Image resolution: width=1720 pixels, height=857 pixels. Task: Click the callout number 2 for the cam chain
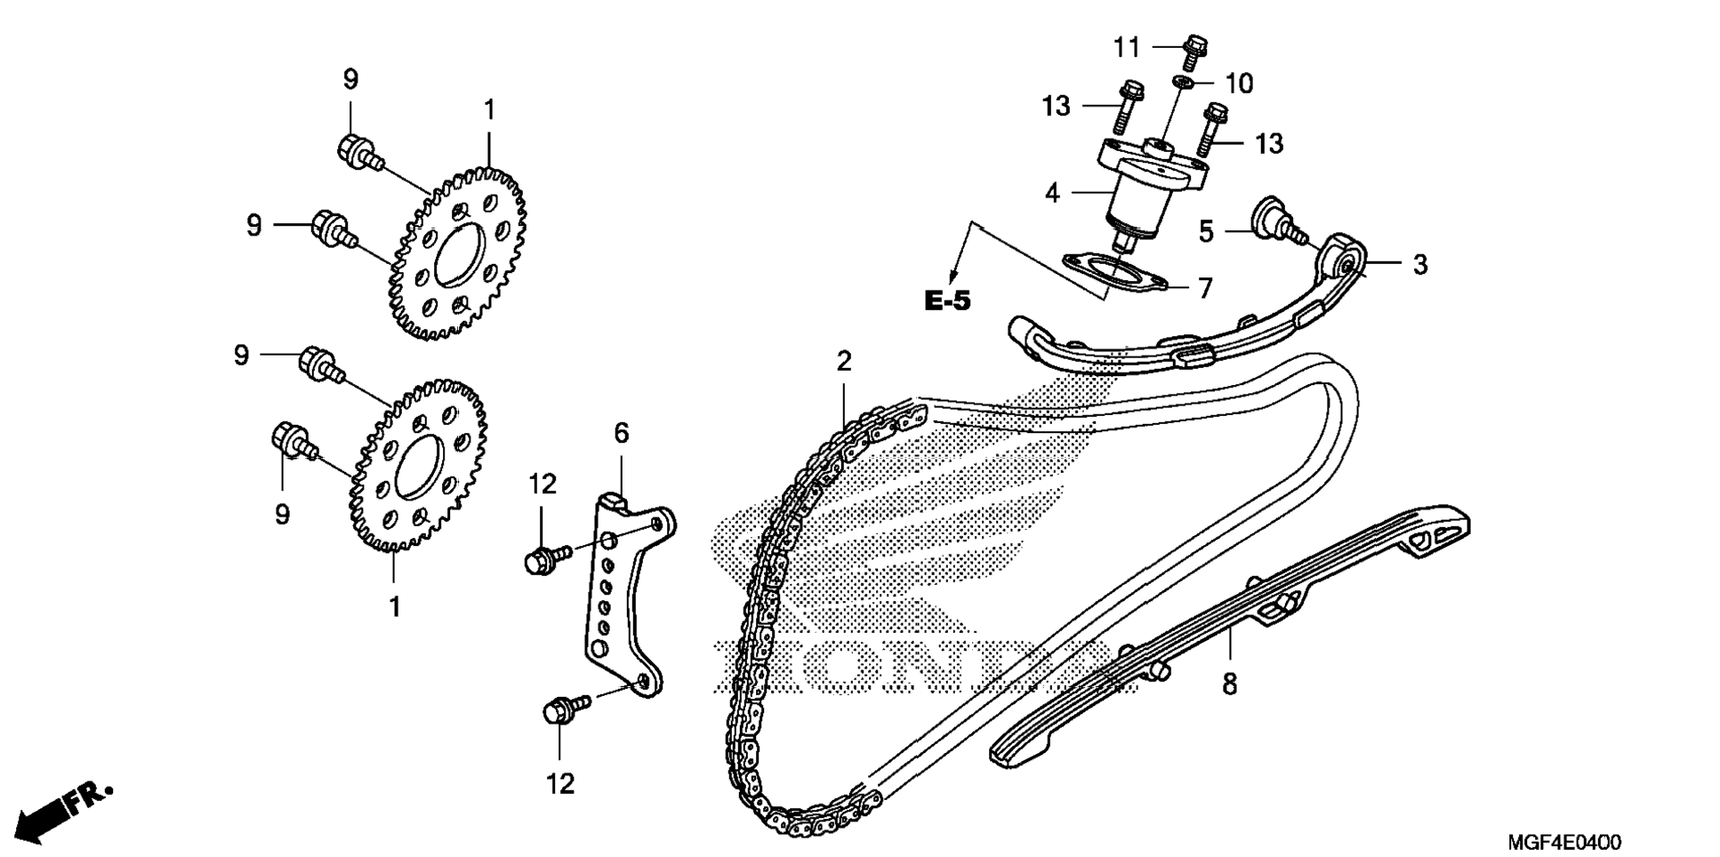point(843,361)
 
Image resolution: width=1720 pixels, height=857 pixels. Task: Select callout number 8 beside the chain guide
point(1229,684)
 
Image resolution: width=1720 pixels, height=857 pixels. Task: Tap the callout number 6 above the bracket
point(621,433)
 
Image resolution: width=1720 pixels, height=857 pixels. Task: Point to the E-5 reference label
point(948,300)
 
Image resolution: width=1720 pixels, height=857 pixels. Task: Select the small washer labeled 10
point(1182,82)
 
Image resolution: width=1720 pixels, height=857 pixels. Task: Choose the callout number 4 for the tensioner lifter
point(1052,192)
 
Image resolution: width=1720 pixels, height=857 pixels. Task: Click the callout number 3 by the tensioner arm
point(1419,264)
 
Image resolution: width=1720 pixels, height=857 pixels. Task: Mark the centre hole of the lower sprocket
point(418,468)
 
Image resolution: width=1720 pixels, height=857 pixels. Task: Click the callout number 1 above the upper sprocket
point(488,110)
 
